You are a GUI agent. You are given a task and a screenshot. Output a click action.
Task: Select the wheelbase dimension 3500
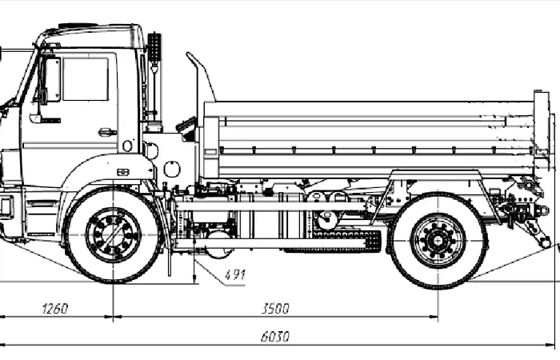coord(275,309)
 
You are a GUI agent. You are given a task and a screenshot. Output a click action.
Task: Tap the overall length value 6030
coord(275,337)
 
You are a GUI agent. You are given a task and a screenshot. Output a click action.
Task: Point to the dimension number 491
coord(235,275)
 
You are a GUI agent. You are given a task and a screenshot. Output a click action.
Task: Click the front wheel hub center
coord(113,235)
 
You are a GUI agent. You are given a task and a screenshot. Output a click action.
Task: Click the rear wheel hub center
coord(438,239)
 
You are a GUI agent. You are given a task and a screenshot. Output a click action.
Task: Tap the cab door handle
coord(106,132)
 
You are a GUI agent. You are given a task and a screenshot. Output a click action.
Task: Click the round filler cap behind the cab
coord(171,169)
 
